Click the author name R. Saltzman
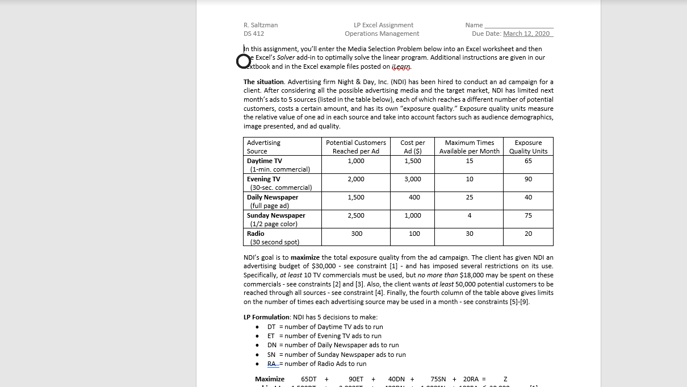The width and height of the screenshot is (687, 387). [x=261, y=25]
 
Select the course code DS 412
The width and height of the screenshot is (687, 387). [x=254, y=34]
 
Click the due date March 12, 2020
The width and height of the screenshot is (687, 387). [x=526, y=34]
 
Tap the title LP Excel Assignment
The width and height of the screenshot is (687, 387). [x=383, y=25]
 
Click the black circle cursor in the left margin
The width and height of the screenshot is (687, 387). [x=243, y=61]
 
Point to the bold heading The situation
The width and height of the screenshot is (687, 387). [x=263, y=82]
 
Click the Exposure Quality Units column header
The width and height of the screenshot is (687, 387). [x=528, y=147]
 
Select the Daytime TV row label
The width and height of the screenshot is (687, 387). [x=264, y=161]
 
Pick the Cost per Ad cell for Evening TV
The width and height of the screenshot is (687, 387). [x=413, y=179]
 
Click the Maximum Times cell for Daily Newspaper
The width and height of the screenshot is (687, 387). [x=469, y=197]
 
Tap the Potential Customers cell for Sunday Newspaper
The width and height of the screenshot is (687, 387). [x=356, y=215]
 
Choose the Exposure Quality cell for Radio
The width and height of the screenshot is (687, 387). [x=528, y=234]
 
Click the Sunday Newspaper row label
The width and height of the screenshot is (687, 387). [x=276, y=215]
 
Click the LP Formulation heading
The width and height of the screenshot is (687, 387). [x=266, y=317]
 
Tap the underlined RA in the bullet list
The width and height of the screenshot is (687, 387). [x=272, y=364]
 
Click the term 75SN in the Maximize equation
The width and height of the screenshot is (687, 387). [x=438, y=379]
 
